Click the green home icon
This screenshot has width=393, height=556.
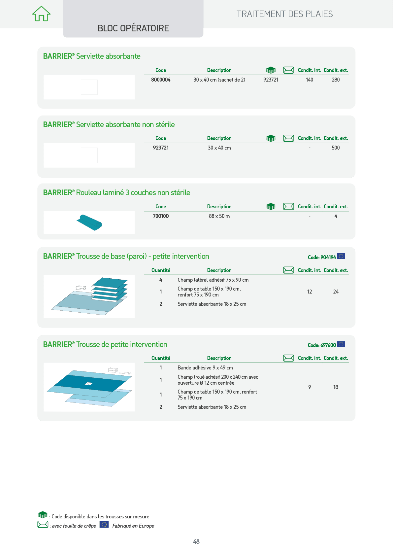coord(41,14)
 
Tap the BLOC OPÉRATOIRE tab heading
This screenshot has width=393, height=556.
coord(133,28)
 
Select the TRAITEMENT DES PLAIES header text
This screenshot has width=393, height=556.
coord(284,14)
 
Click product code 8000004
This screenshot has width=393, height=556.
coord(161,80)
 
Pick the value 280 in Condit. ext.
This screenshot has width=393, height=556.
coord(336,80)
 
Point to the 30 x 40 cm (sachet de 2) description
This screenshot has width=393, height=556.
coord(219,80)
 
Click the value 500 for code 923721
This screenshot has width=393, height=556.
coord(336,148)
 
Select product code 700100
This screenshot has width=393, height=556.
coord(161,216)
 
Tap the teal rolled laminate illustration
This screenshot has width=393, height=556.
coord(89,223)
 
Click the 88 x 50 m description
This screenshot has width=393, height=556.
coord(219,216)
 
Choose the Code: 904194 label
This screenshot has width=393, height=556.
coord(322,257)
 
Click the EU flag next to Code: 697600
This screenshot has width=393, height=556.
coord(341,344)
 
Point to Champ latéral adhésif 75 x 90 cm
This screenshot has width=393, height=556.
coord(213,280)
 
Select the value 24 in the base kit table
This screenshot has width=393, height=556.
coord(336,292)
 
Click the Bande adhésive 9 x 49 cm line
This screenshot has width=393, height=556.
coord(205,367)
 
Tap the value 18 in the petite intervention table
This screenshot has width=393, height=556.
coord(336,387)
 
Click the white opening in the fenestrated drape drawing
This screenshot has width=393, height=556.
coord(88,384)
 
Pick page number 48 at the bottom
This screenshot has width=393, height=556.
coord(196,541)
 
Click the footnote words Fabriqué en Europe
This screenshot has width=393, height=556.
coord(133,526)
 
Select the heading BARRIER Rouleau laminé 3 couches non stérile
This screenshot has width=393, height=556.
coord(116,192)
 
